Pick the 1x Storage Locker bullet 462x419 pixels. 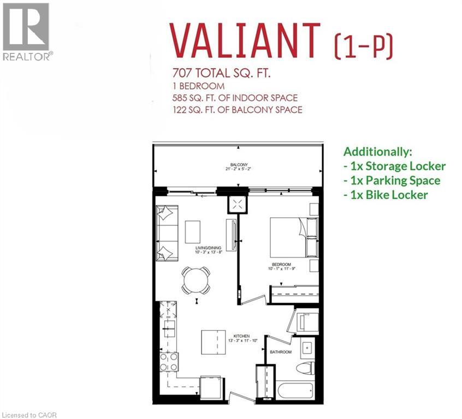point(394,166)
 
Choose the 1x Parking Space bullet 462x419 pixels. point(392,181)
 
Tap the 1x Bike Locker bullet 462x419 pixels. point(385,195)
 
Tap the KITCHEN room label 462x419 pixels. point(241,336)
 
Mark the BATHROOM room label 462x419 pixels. point(281,352)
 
